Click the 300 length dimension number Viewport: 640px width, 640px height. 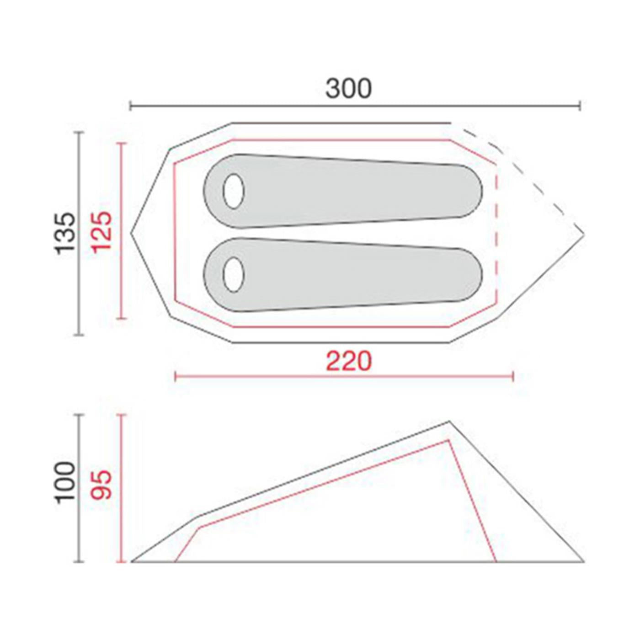[x=348, y=89]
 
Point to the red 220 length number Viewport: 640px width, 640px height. [x=349, y=362]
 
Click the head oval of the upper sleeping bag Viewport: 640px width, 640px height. [x=234, y=191]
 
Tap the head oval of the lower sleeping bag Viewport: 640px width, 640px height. [x=234, y=274]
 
